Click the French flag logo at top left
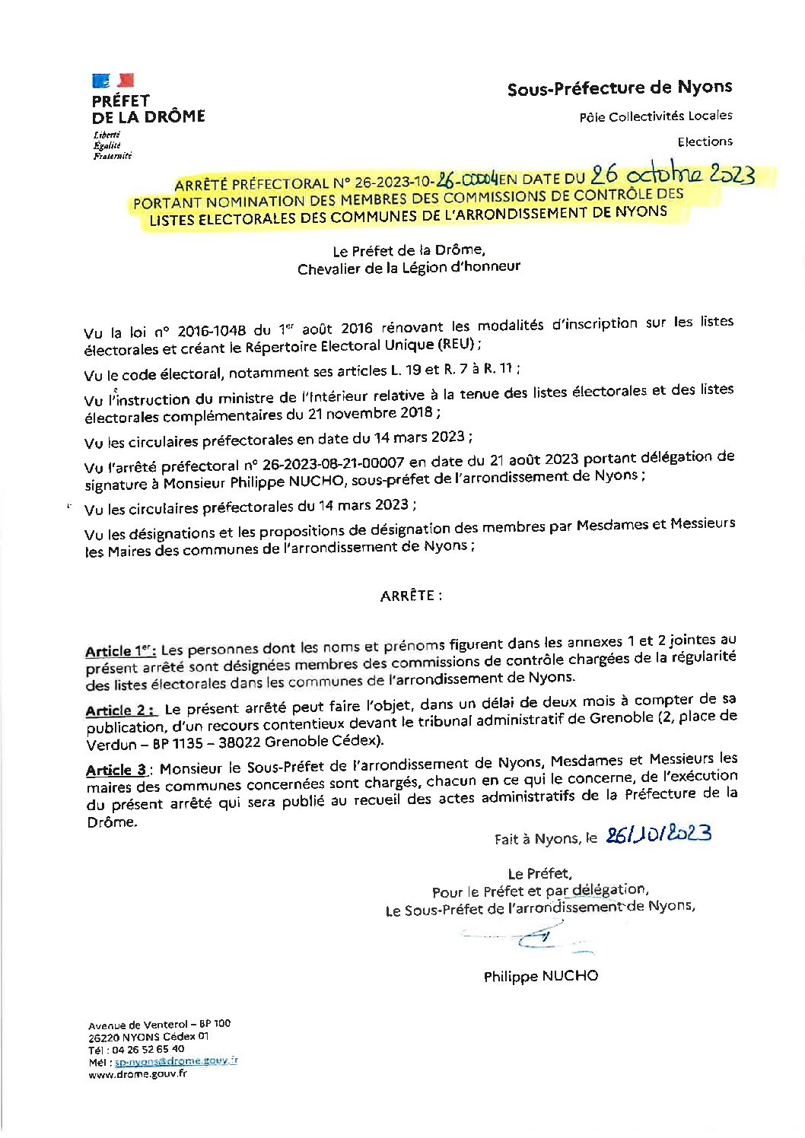tap(113, 81)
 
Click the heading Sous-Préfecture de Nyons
tap(619, 88)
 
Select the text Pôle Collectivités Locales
tap(655, 116)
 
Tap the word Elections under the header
tap(705, 141)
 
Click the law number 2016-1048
tap(212, 331)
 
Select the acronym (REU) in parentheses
tap(455, 344)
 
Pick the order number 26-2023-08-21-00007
tap(333, 463)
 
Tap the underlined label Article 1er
tap(120, 651)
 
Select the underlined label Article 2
tap(121, 710)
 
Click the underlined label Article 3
tap(116, 770)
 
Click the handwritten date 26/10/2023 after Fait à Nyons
tap(658, 834)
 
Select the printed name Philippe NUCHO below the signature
tap(540, 976)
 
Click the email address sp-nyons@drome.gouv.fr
tap(176, 1061)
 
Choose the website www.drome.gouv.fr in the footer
tap(137, 1074)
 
